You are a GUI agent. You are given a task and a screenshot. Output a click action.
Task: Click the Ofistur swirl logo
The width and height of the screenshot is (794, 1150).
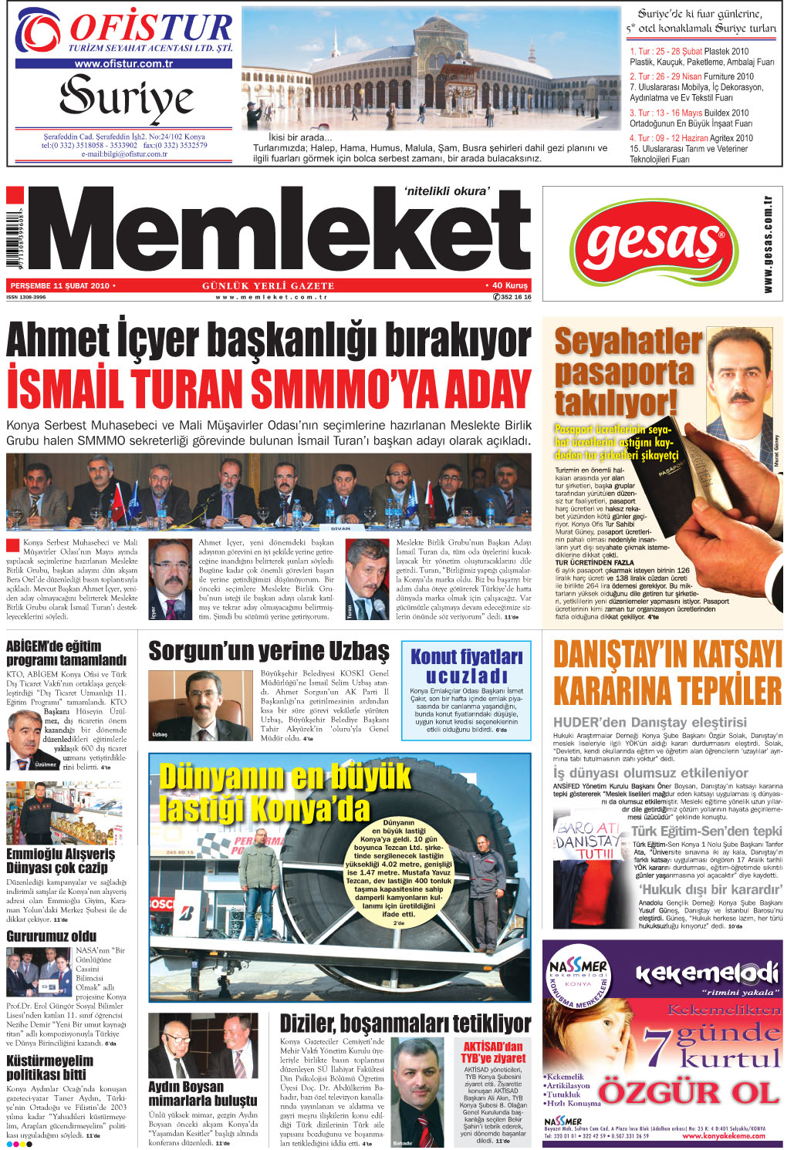tap(38, 31)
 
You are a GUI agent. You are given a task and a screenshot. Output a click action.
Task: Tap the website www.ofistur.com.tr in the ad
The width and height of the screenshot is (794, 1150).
tap(123, 64)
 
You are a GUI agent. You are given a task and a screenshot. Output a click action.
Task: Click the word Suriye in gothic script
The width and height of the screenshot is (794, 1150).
tap(127, 99)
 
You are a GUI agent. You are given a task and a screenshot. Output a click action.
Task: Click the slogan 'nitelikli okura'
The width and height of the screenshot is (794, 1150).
tap(447, 191)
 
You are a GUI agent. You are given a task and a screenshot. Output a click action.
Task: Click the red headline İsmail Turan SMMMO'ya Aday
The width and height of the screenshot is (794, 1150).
tap(269, 390)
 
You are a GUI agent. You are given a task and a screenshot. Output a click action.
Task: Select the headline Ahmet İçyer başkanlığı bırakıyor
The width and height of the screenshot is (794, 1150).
tap(269, 340)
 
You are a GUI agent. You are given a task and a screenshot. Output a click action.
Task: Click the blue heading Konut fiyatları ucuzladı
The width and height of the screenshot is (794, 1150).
tap(466, 666)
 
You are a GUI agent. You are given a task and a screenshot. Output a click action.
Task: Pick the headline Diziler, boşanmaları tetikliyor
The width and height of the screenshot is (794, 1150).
tap(405, 1024)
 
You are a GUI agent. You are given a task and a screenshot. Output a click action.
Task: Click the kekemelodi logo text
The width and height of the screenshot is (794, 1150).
tap(705, 973)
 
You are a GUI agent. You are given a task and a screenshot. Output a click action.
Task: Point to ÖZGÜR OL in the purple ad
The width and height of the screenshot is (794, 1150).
tap(688, 1092)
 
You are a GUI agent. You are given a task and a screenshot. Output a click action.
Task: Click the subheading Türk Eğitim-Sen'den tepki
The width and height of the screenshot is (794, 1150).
tap(706, 831)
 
